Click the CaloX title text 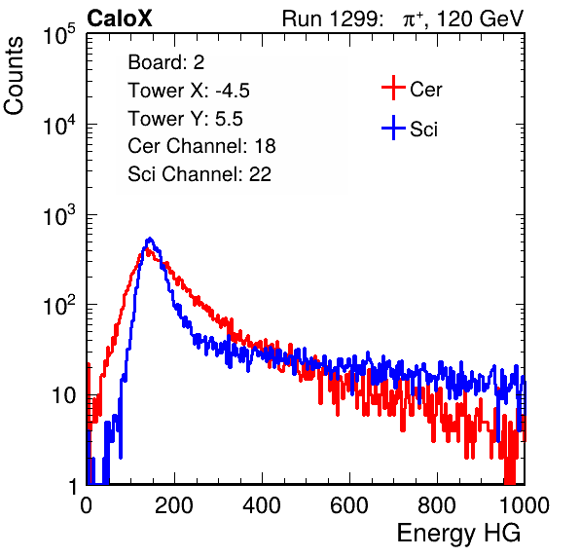coord(119,19)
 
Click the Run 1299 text coord(332,19)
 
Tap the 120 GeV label coord(480,19)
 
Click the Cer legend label coord(425,90)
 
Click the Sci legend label coord(423,130)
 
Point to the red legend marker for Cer coord(393,88)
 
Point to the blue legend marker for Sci coord(393,128)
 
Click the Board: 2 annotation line coord(166,62)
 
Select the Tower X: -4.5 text coord(189,91)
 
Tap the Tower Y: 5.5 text coord(185,119)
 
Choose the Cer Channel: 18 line coord(201,146)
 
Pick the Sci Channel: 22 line coord(199,174)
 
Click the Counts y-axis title coord(14,76)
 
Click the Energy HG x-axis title coord(458,534)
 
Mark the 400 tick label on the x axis coord(262,505)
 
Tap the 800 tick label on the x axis coord(437,505)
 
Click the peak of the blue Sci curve coord(150,239)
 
